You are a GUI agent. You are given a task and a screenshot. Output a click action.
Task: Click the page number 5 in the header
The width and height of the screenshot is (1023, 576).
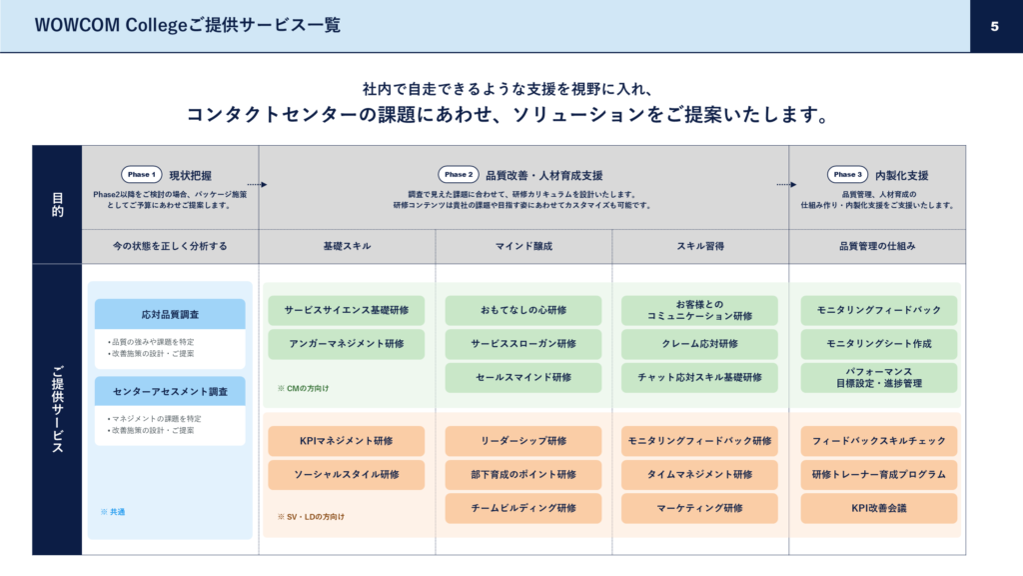[x=994, y=26]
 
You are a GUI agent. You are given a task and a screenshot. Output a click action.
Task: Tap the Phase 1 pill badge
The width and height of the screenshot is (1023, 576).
[x=142, y=174]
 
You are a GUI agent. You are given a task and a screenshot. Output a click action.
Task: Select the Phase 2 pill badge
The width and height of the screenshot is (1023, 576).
[x=459, y=174]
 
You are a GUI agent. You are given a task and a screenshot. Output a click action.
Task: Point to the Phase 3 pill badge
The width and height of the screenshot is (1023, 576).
[x=847, y=174]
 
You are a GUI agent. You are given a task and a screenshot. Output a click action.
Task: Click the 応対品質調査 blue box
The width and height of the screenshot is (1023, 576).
[x=170, y=314]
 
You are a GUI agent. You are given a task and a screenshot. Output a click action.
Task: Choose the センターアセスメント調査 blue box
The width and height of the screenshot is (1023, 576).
[x=170, y=391]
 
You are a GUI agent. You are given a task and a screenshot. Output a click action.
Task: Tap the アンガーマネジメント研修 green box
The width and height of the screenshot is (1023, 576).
[x=347, y=344]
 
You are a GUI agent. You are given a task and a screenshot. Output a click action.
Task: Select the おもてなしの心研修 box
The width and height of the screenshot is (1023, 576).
[x=523, y=310]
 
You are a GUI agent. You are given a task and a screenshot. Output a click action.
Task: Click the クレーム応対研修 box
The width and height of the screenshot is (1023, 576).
[x=699, y=344]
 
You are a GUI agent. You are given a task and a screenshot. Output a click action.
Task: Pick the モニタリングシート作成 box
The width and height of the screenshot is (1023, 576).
[x=879, y=344]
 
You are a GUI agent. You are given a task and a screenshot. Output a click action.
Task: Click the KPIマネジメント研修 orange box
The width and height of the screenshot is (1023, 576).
[x=347, y=441]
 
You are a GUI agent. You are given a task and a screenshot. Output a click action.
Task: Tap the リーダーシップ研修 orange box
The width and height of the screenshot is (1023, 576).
[x=523, y=441]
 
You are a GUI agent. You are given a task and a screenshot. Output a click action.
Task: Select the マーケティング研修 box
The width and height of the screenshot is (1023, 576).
[x=699, y=508]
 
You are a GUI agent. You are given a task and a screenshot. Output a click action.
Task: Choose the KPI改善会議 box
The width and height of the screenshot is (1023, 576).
[x=879, y=508]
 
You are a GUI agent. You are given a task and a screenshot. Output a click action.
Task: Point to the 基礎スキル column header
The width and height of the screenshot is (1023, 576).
[x=347, y=246]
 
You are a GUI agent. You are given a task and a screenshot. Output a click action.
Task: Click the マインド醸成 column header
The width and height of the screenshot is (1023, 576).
[x=523, y=246]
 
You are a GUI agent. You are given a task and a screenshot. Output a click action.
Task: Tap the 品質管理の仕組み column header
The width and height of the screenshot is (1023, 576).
[x=877, y=246]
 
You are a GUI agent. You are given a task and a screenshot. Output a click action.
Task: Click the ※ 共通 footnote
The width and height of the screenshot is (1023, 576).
[x=113, y=512]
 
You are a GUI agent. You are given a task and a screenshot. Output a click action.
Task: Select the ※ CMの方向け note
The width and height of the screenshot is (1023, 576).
[x=304, y=389]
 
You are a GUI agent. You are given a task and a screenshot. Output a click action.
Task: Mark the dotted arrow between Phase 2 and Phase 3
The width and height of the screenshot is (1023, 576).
[x=786, y=185]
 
